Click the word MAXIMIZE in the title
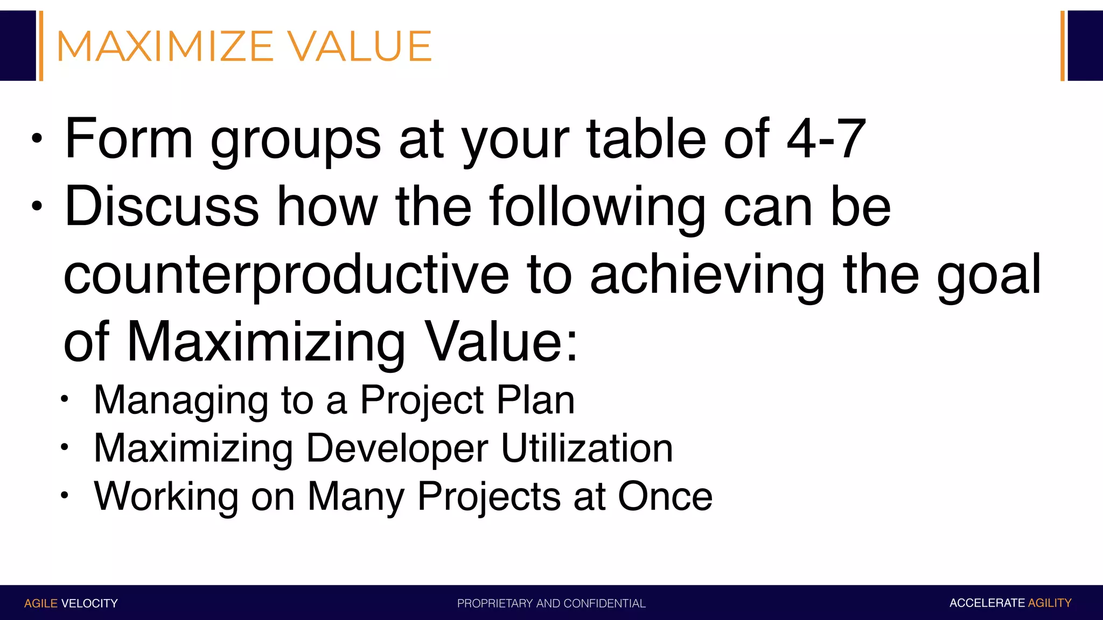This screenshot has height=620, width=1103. click(165, 47)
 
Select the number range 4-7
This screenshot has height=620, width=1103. click(826, 139)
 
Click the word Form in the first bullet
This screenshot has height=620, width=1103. click(129, 139)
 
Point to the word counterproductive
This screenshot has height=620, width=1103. click(286, 276)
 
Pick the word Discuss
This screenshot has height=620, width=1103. click(162, 207)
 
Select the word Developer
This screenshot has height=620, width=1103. click(397, 448)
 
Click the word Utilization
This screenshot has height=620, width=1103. click(587, 448)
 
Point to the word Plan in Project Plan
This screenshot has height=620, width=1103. click(535, 400)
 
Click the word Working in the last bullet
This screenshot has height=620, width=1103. click(166, 496)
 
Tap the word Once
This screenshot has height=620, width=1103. click(665, 496)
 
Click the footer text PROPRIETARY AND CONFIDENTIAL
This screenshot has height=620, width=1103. click(551, 603)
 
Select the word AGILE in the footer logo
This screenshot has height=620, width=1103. click(41, 603)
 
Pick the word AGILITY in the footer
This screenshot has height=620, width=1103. click(1049, 603)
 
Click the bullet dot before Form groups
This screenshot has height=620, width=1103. click(37, 139)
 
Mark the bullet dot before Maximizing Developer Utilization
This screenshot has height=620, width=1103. click(65, 447)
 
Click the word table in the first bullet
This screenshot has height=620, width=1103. click(646, 139)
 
